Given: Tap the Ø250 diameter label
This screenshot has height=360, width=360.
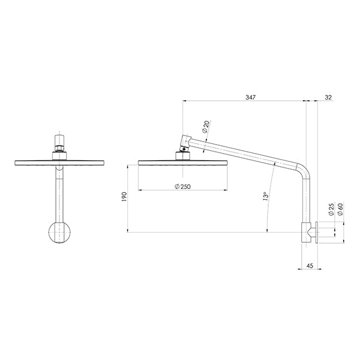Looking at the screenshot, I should [x=181, y=187].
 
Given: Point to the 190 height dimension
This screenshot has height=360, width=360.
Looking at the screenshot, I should [x=124, y=197].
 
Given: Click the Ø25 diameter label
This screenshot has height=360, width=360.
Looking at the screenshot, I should [x=331, y=209].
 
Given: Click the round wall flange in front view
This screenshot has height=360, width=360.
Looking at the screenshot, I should [x=59, y=232].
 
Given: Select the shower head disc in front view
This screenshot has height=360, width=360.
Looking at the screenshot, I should [x=59, y=162].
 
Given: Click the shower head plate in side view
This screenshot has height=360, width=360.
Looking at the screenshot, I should [x=182, y=162].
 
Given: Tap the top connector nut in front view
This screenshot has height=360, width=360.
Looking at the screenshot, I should [x=59, y=144].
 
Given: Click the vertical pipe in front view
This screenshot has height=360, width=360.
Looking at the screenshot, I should [x=59, y=192].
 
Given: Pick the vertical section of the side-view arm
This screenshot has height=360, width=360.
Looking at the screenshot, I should [x=306, y=198].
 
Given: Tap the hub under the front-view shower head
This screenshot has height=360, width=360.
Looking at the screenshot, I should [x=59, y=156].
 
